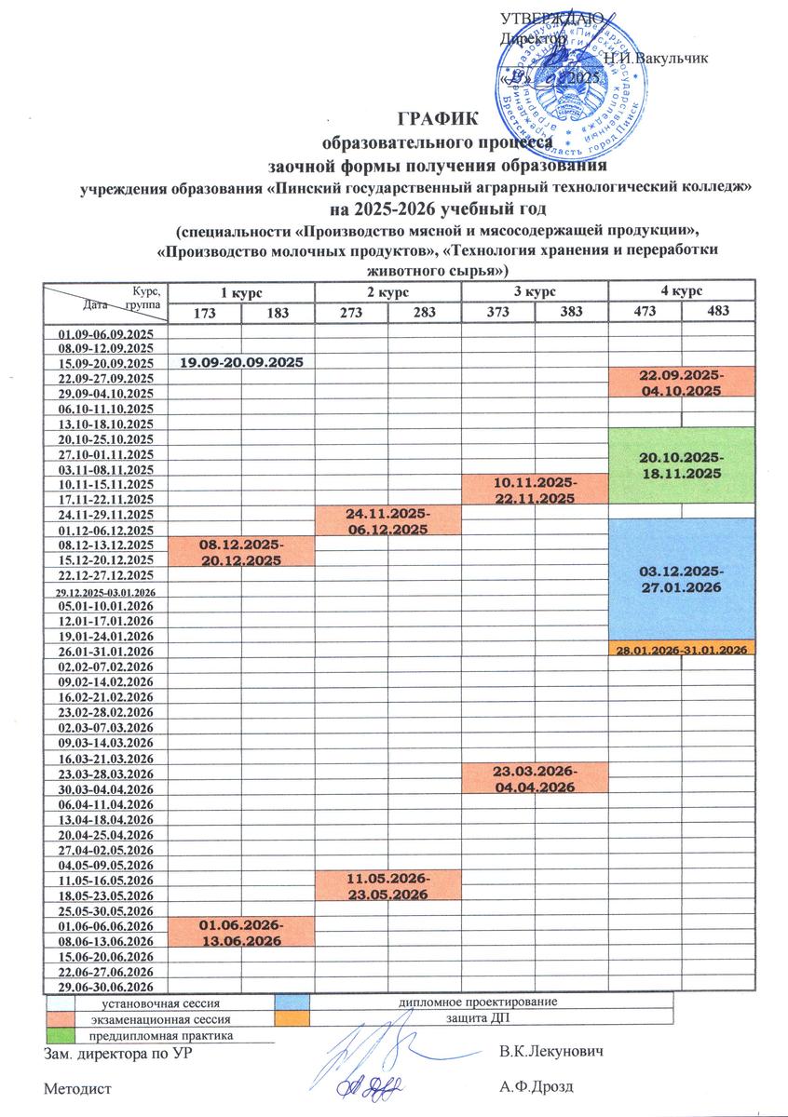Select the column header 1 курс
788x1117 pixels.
coord(241,292)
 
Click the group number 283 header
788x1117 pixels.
coord(424,312)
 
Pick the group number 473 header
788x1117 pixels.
coord(644,312)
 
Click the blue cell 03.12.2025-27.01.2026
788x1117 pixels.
coord(681,578)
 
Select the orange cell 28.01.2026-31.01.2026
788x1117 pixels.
coord(681,649)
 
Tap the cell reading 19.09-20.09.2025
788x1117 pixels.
coord(241,361)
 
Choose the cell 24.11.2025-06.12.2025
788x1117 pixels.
coord(387,521)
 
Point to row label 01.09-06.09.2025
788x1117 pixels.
coord(105,333)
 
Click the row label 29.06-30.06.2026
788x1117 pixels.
coord(105,986)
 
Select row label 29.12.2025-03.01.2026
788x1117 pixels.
coord(105,592)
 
